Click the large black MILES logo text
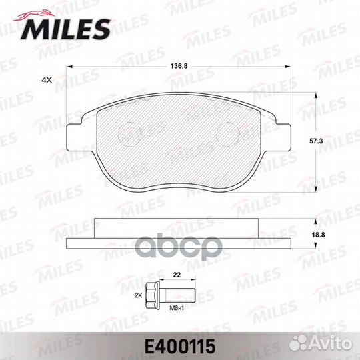click(x=65, y=29)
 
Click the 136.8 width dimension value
click(x=179, y=66)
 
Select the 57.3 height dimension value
click(x=316, y=141)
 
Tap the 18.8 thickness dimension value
click(x=318, y=235)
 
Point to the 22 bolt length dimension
click(x=177, y=275)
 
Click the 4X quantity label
click(x=47, y=80)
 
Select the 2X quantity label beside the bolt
click(x=139, y=296)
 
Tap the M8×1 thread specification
click(x=177, y=308)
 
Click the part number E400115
click(x=180, y=347)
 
